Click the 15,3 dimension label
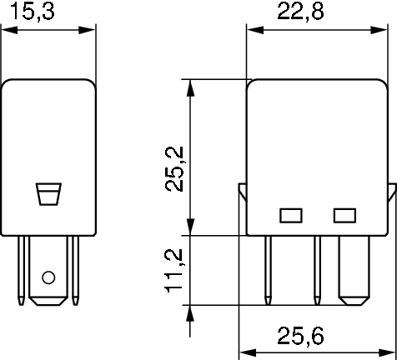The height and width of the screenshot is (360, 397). click(32, 12)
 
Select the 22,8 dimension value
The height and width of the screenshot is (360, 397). click(300, 12)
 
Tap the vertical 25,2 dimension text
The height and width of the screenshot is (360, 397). click(174, 169)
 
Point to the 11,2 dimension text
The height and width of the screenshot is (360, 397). click(173, 271)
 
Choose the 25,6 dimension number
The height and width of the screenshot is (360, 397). click(300, 336)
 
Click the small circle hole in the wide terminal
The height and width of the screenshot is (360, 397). click(48, 277)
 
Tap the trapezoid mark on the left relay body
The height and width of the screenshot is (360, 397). click(48, 194)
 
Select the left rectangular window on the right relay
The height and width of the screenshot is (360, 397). click(291, 216)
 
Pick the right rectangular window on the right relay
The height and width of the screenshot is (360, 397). click(344, 216)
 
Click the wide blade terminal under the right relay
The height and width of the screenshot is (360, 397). click(354, 270)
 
